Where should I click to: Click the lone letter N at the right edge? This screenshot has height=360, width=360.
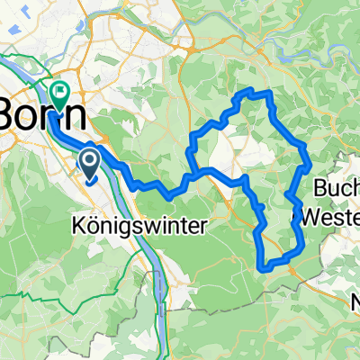coord(355,301)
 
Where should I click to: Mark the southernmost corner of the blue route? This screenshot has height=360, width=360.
coord(263,266)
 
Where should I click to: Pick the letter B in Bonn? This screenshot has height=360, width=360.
coord(11,114)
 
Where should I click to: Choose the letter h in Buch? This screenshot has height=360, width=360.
coord(354,190)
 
